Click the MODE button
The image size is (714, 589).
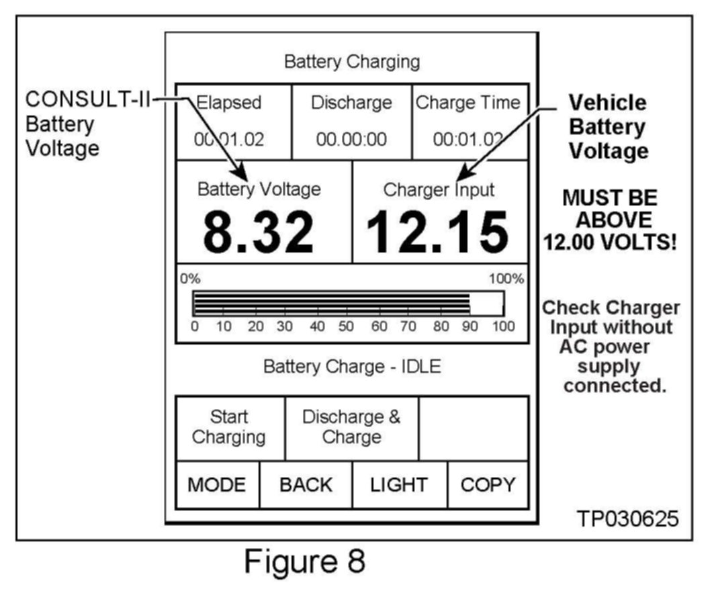pos(217,485)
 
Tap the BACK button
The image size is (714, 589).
pos(306,485)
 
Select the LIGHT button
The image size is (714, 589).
pos(399,485)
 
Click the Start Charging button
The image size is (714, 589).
pos(229,427)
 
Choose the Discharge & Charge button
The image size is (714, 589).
pos(351,427)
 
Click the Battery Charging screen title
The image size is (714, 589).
pos(352,62)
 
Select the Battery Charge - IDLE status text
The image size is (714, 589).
pos(351,367)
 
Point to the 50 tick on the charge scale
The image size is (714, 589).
pos(346,327)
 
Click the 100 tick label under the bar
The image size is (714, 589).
pos(503,327)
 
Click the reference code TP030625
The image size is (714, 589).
pos(628,518)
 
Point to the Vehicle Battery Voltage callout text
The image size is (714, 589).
pos(608,127)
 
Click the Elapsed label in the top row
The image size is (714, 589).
pos(228,103)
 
